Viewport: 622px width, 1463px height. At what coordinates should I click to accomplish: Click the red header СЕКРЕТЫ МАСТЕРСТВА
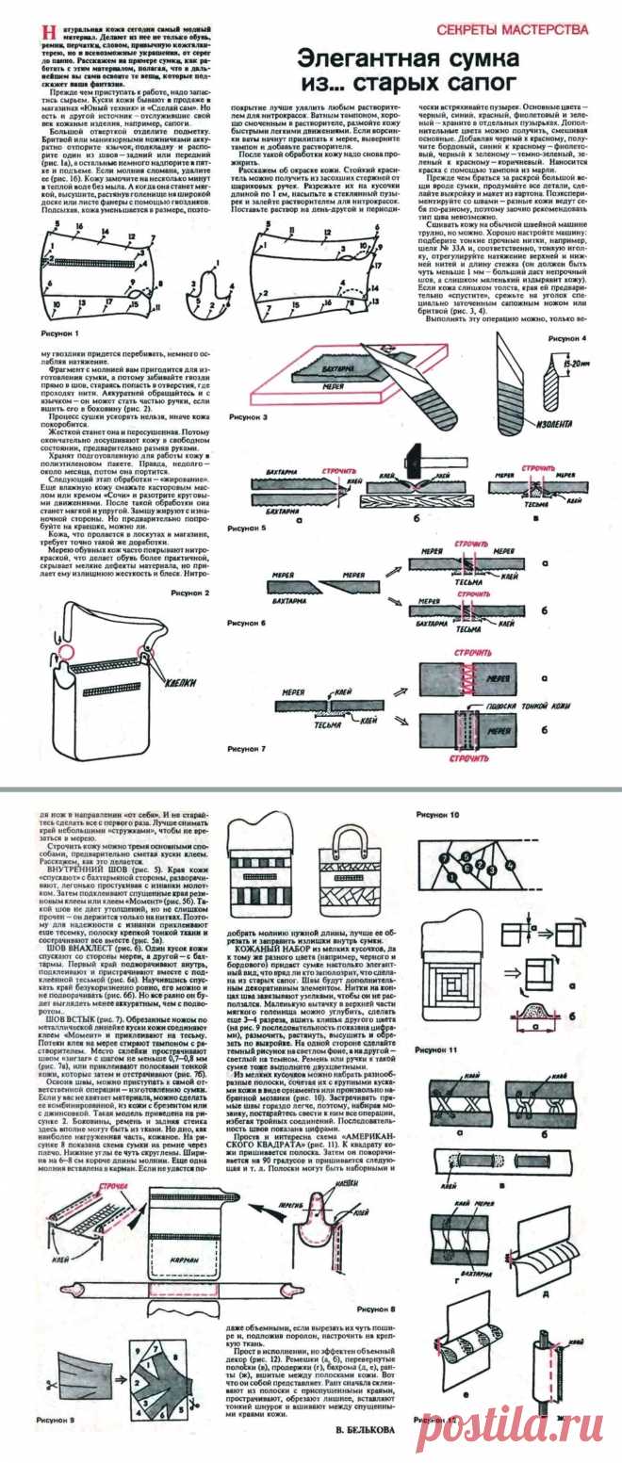(x=532, y=30)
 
